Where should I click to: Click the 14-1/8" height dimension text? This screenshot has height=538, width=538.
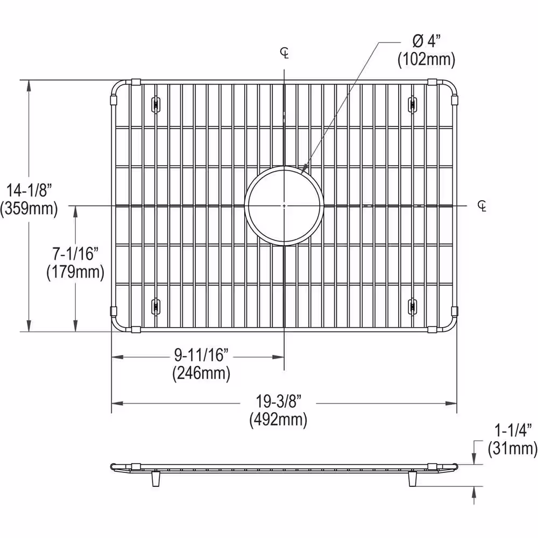coord(29,189)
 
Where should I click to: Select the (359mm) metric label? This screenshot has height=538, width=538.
coord(29,208)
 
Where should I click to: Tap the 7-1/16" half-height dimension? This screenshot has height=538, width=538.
coord(75,253)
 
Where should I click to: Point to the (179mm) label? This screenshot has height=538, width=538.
coord(75,272)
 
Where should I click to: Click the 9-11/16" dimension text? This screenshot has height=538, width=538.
coord(202,355)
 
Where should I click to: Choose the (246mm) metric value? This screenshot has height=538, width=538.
coord(202,373)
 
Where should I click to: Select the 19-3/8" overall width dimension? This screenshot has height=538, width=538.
coord(278,401)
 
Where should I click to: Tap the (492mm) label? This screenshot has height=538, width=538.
coord(278,420)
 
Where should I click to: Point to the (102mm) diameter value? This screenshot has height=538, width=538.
coord(426,60)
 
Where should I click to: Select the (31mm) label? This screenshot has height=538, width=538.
coord(512,448)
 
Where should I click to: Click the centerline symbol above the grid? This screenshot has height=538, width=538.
coord(284,53)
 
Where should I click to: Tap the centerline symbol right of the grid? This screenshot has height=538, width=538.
coord(482,206)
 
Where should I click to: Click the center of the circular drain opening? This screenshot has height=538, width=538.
coord(284,206)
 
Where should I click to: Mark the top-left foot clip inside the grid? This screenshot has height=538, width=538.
coord(155,103)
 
